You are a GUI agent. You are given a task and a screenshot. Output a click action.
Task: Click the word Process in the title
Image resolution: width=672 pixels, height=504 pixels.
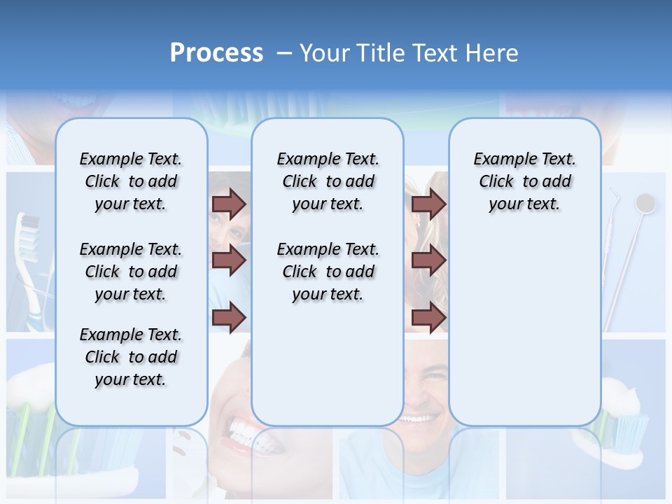click(216, 53)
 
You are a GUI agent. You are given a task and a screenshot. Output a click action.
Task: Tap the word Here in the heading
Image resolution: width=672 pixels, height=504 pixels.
click(493, 53)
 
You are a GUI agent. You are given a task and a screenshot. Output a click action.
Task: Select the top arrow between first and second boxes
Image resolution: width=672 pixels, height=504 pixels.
click(229, 204)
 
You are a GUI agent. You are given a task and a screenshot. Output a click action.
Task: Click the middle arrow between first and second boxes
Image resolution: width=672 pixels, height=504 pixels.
click(229, 260)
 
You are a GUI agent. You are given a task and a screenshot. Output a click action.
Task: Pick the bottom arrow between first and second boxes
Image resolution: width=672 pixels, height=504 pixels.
click(229, 318)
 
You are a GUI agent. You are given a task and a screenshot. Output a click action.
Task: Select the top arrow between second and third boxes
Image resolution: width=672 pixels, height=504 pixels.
click(428, 204)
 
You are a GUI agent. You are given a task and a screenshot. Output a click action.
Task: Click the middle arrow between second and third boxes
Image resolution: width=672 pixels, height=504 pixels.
click(428, 260)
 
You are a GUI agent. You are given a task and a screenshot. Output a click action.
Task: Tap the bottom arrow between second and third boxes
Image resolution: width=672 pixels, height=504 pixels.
click(428, 318)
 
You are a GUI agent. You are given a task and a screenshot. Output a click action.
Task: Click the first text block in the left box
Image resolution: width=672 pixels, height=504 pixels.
click(131, 181)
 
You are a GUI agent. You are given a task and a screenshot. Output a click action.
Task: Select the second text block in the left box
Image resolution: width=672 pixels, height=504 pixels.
click(131, 272)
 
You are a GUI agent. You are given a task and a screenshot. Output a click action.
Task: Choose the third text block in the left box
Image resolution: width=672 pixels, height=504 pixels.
click(131, 357)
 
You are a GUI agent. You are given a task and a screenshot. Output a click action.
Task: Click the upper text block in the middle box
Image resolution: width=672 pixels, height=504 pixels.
click(328, 181)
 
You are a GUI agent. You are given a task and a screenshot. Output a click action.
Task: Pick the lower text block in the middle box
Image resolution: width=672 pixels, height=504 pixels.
click(328, 272)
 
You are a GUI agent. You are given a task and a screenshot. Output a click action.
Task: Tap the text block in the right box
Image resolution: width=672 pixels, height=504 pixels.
click(524, 181)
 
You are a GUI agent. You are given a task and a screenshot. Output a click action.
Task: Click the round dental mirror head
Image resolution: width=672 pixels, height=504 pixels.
click(645, 203)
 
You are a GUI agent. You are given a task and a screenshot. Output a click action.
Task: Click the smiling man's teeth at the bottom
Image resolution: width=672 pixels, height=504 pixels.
click(418, 419)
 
